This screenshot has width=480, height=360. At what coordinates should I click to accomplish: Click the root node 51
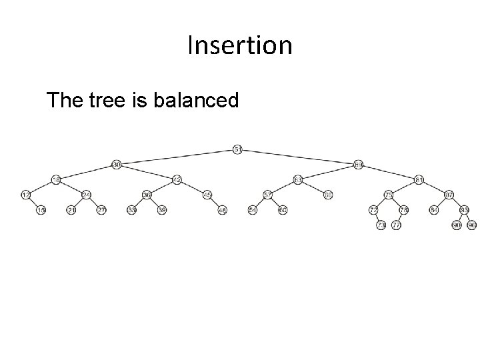238,149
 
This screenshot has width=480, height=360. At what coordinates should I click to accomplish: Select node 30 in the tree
116,164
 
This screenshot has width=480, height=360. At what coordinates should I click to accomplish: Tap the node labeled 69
359,164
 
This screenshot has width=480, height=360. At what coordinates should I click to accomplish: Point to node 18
56,179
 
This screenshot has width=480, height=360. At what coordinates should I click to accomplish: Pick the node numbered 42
177,179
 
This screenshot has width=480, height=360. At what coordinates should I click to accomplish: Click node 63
298,179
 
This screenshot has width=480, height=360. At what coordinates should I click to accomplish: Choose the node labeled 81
419,179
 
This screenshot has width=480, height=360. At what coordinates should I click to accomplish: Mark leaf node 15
41,210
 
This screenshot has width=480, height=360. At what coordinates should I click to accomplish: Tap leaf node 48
223,210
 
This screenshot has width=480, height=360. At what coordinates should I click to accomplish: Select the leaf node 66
328,195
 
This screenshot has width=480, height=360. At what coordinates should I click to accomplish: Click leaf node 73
381,225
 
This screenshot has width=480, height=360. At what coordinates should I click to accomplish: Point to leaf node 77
396,225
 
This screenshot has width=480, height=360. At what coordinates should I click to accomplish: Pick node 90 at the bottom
457,225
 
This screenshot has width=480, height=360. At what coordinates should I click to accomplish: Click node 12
26,195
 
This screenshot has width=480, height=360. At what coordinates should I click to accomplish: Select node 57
267,195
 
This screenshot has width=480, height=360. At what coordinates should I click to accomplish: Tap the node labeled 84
435,210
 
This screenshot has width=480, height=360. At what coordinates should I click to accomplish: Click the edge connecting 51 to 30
177,157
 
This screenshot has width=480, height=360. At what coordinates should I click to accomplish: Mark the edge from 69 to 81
389,172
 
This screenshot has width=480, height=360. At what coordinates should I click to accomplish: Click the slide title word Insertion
240,45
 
